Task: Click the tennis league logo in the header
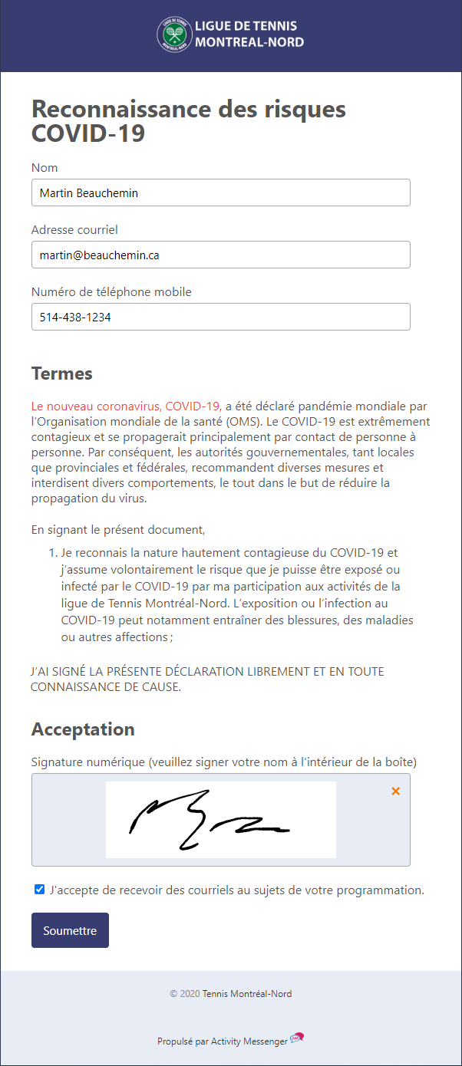175,35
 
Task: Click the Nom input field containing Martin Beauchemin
221,193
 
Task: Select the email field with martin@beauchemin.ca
221,255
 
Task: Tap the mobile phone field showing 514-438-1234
221,317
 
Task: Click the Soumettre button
70,930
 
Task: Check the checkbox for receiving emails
40,890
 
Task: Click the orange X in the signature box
396,791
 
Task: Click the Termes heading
62,374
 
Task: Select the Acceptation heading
83,729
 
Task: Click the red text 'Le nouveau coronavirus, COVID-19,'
127,406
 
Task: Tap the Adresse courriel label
74,230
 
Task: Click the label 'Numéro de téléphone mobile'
111,292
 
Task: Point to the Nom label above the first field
45,168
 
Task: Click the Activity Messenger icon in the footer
297,1039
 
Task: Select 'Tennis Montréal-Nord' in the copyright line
247,994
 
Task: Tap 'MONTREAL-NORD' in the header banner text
249,42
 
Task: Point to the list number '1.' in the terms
53,553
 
